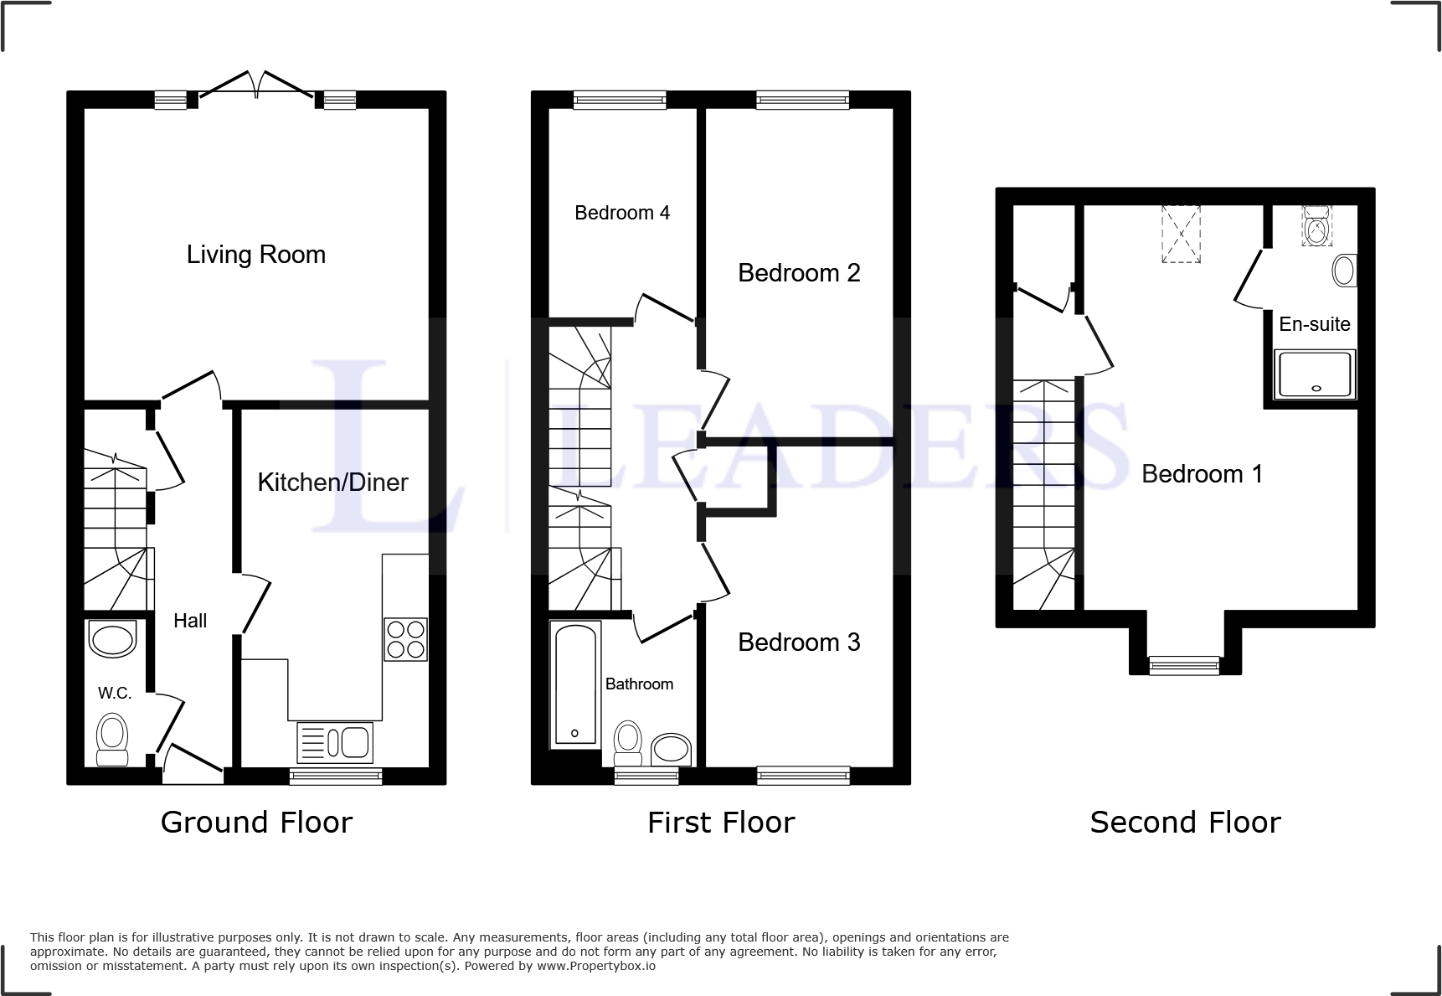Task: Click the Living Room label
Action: click(x=255, y=255)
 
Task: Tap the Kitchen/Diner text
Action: click(x=332, y=483)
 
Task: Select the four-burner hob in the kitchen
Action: click(x=405, y=640)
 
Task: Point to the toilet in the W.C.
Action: click(x=111, y=739)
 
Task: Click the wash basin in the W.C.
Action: click(x=112, y=640)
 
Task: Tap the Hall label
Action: click(x=190, y=621)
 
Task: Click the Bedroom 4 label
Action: click(x=621, y=213)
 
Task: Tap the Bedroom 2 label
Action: click(x=798, y=273)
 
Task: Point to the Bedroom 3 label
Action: click(x=798, y=642)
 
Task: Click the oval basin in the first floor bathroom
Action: click(x=671, y=748)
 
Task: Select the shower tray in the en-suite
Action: click(x=1314, y=374)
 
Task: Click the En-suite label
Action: click(x=1314, y=324)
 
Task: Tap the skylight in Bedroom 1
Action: click(x=1181, y=234)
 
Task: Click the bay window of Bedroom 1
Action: click(x=1184, y=666)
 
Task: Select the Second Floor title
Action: click(x=1184, y=823)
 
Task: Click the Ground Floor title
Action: click(x=255, y=823)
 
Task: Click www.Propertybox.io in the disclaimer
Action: click(x=596, y=966)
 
